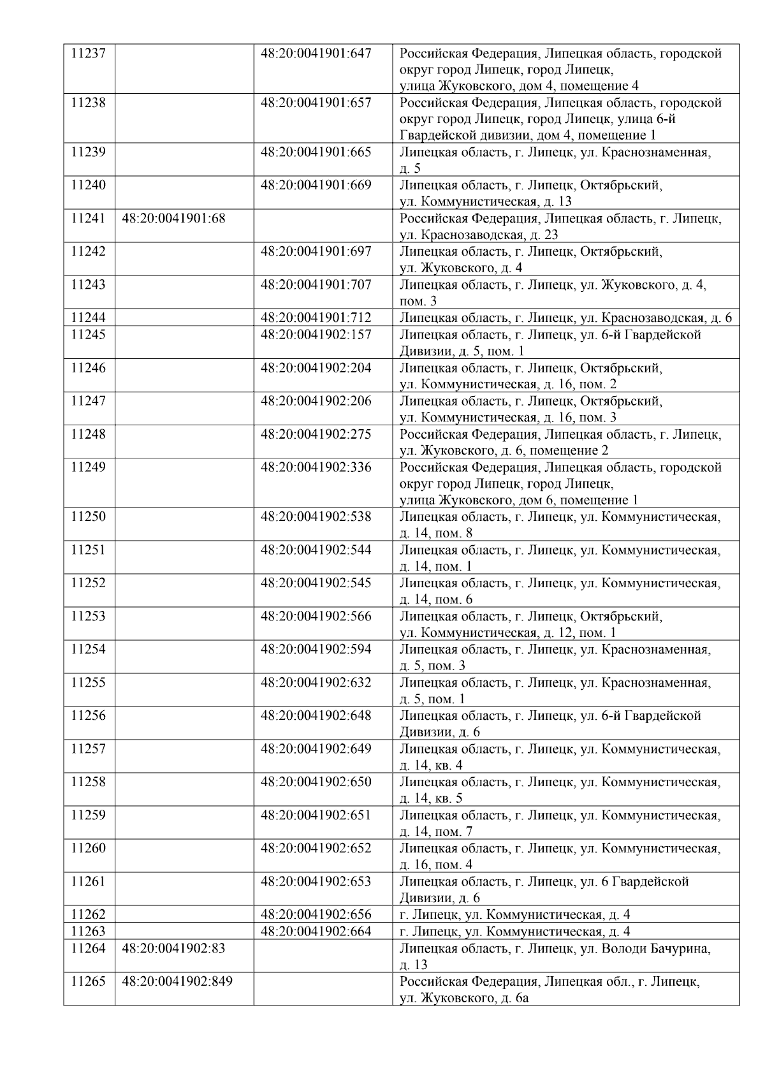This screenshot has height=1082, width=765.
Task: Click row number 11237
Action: [88, 54]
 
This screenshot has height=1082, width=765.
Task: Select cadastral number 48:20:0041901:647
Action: [316, 54]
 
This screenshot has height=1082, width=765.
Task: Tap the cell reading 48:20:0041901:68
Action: [173, 218]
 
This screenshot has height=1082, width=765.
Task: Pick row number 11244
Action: [88, 318]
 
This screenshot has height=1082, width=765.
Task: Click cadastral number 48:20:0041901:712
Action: [316, 318]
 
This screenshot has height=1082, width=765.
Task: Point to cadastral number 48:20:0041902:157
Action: [316, 335]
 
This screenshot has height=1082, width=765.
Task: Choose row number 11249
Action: [88, 467]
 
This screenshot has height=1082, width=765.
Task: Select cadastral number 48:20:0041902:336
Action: [316, 467]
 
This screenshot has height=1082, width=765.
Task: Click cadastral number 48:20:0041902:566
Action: [316, 617]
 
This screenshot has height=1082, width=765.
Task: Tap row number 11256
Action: [88, 716]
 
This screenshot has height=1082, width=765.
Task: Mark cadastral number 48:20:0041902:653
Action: [316, 882]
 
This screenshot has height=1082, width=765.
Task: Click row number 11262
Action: [88, 915]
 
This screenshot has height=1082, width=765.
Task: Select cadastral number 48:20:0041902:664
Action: [316, 932]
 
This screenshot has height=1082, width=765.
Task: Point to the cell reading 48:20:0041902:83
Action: [173, 948]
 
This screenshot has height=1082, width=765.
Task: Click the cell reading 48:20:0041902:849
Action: [177, 981]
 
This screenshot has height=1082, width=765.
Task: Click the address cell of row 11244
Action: [565, 318]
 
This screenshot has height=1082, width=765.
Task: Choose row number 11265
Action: [88, 981]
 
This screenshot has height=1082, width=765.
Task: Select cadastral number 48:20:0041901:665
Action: [316, 152]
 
